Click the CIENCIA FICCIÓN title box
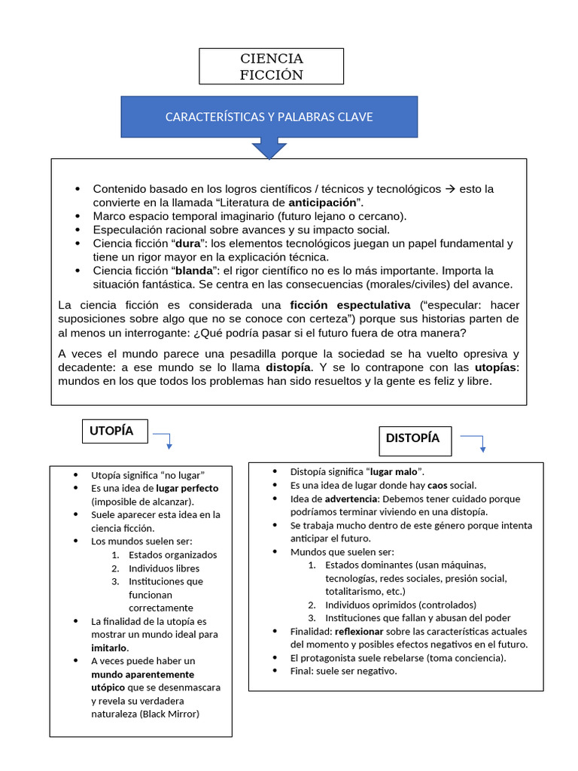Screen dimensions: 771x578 tap(271, 66)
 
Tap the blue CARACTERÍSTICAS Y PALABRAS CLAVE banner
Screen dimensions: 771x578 tap(269, 117)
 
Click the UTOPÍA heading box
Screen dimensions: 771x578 tap(115, 431)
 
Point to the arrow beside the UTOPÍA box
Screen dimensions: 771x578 tap(165, 440)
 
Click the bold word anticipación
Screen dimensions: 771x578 tap(321, 203)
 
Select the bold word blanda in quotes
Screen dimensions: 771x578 tap(192, 270)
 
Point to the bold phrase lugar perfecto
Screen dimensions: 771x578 tap(187, 488)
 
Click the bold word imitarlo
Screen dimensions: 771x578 tap(109, 648)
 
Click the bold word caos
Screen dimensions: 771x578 tap(437, 485)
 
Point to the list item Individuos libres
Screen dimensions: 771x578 tap(164, 568)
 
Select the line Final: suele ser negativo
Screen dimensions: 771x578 tap(343, 671)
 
